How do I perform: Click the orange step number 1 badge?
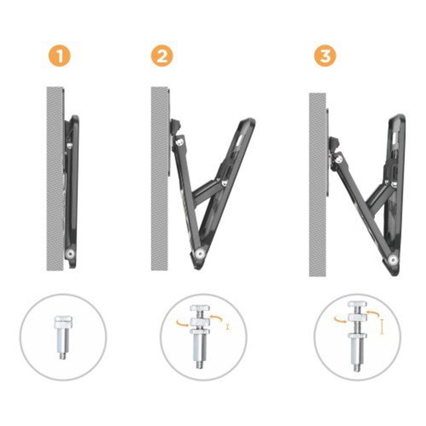pos(60,57)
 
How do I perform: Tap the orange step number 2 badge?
pos(161,57)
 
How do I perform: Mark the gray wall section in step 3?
pos(318,183)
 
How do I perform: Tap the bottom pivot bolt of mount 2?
pos(199,254)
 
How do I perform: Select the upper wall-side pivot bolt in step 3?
pos(337,158)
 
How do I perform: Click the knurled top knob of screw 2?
pos(199,308)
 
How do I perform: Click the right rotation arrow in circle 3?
pos(371,315)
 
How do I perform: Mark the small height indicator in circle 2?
pos(228,327)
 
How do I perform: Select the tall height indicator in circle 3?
pos(383,327)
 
